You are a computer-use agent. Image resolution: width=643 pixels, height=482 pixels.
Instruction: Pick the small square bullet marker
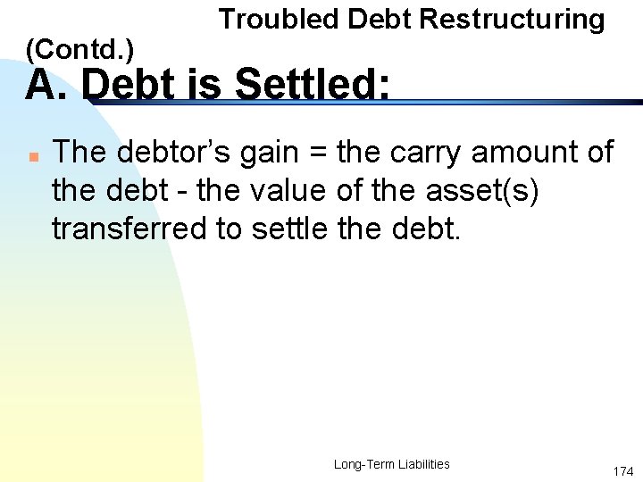[30, 156]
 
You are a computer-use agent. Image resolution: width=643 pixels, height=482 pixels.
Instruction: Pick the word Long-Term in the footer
[360, 464]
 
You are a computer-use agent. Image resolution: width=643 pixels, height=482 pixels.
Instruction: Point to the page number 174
[622, 470]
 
